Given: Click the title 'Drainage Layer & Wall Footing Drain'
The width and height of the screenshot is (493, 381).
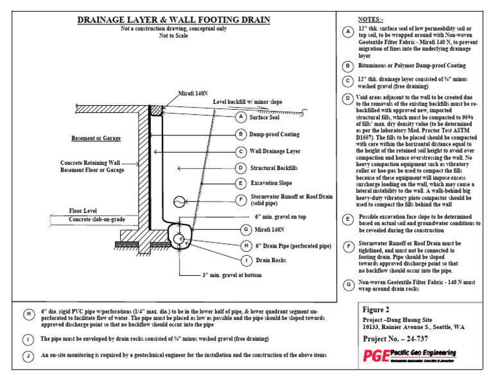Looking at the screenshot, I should point(173,21).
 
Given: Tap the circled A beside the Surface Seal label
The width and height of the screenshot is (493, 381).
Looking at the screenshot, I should point(240,117).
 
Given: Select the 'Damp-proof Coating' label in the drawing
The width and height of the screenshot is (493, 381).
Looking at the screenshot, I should point(274,134).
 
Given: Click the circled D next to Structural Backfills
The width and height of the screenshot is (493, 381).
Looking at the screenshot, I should point(240,168).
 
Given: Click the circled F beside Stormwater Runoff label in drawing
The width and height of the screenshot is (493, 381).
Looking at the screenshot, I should point(240,200).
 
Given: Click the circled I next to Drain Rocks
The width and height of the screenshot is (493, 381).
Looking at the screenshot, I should point(246,260).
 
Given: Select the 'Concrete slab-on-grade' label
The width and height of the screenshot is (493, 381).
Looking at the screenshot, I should point(97,219).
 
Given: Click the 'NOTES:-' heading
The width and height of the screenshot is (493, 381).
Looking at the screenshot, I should point(371,19).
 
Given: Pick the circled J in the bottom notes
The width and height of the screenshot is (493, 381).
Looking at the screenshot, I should point(28,355).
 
